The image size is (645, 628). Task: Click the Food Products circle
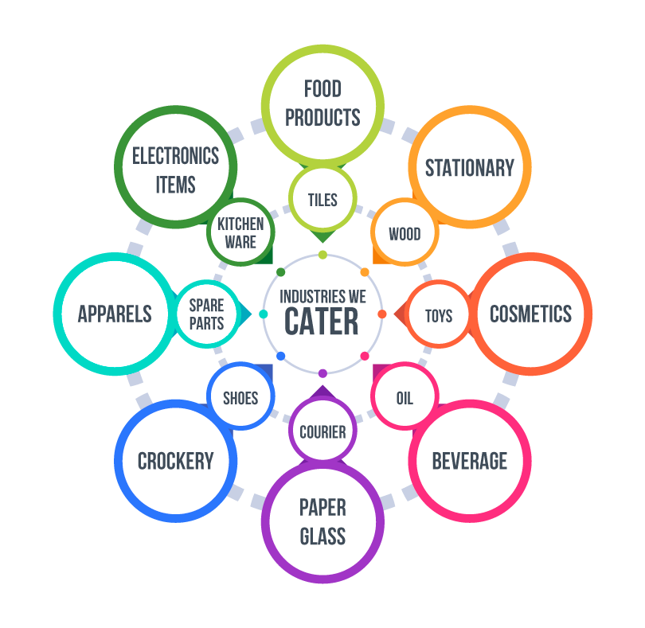click(x=322, y=103)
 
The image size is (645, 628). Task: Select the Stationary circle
click(x=470, y=168)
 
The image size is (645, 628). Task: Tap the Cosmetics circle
click(x=530, y=314)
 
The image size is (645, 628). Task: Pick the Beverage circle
click(x=470, y=461)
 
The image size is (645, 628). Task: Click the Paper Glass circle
click(x=322, y=522)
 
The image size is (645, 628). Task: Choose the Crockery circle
click(x=176, y=461)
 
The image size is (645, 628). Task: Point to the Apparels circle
click(x=115, y=314)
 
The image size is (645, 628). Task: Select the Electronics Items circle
click(x=176, y=168)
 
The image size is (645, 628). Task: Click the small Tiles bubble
click(x=322, y=200)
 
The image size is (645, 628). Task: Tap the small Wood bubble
click(x=405, y=234)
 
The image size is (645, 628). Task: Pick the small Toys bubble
click(x=439, y=315)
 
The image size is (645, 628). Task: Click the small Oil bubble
click(x=405, y=397)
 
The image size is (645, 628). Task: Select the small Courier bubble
click(x=322, y=432)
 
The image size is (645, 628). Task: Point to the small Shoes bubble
click(x=240, y=397)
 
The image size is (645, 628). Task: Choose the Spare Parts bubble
click(x=206, y=314)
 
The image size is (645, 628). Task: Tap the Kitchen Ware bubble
click(x=240, y=233)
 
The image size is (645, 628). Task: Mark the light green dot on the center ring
click(x=322, y=255)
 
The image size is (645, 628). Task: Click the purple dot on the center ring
click(x=322, y=373)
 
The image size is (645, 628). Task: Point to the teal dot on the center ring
click(x=264, y=314)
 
